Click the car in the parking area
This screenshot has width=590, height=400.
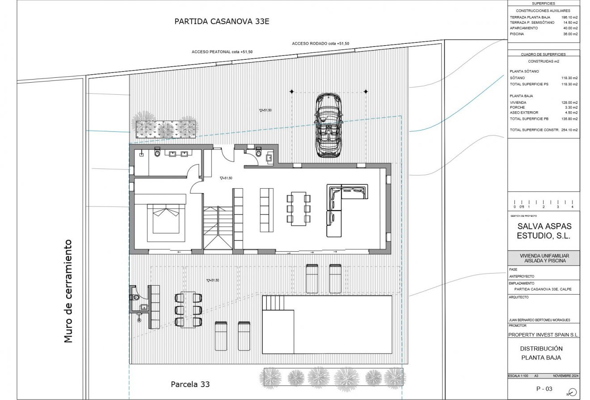[329, 126]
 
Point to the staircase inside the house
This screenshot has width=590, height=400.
[218, 228]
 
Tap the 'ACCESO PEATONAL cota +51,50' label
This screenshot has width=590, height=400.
[222, 52]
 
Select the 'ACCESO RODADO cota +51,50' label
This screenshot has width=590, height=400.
[320, 43]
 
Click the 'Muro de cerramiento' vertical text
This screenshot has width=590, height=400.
[68, 291]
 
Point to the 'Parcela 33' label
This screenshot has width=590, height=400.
[190, 384]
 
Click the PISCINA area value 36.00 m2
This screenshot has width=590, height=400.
[569, 34]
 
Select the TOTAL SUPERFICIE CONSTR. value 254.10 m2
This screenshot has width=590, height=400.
[569, 130]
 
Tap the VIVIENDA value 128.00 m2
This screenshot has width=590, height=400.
[569, 102]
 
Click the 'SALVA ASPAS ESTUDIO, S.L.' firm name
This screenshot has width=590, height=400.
[544, 231]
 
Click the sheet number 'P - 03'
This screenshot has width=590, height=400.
[544, 389]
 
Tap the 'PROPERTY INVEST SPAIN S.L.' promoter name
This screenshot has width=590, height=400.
[544, 335]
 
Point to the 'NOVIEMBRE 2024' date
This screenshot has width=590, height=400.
[565, 376]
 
